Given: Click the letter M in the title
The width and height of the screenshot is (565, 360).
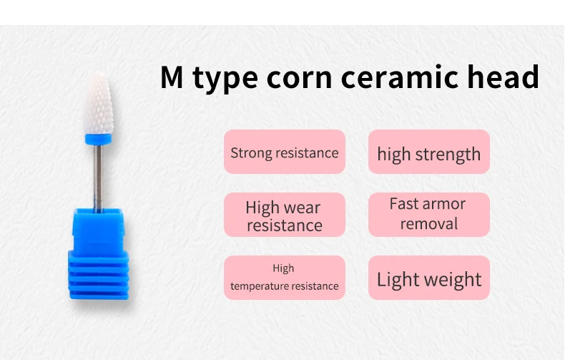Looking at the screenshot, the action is point(172,77).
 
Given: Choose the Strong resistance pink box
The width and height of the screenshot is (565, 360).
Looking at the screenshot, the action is point(285,152).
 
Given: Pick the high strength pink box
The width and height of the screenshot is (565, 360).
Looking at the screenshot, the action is point(429,152).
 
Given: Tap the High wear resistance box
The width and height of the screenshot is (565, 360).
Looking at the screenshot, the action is point(285,215).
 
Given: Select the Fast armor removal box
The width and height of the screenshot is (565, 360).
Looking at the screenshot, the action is point(429,215).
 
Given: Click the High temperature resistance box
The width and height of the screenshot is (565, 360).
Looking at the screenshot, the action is point(285,278).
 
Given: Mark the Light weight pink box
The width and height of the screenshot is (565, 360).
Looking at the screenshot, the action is point(429,278).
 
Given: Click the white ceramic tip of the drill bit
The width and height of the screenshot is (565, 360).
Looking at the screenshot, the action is point(99,104).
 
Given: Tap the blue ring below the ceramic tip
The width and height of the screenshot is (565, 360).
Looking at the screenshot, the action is point(98,140).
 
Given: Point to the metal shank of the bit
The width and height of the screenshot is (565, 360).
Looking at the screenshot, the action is point(98,177).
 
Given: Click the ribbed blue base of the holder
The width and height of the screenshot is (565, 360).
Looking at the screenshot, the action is point(99,276).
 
